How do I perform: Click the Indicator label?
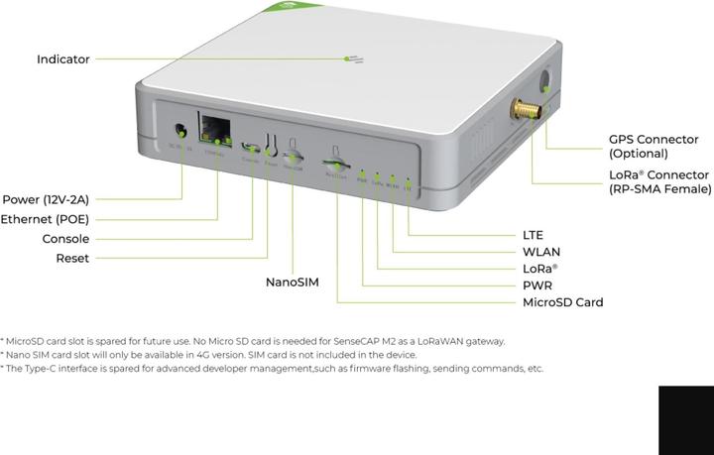pyautogui.click(x=62, y=59)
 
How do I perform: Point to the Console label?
pyautogui.click(x=65, y=239)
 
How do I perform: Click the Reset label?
pyautogui.click(x=72, y=259)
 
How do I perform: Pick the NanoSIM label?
pyautogui.click(x=293, y=283)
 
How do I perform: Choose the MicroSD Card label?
pyautogui.click(x=562, y=302)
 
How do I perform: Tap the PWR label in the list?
pyautogui.click(x=537, y=285)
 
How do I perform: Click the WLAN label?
pyautogui.click(x=541, y=252)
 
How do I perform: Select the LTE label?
pyautogui.click(x=533, y=235)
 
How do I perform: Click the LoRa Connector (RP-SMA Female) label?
pyautogui.click(x=659, y=181)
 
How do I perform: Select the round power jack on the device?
pyautogui.click(x=180, y=130)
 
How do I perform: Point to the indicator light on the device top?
pyautogui.click(x=354, y=59)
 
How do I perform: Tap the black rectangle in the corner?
pyautogui.click(x=684, y=421)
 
